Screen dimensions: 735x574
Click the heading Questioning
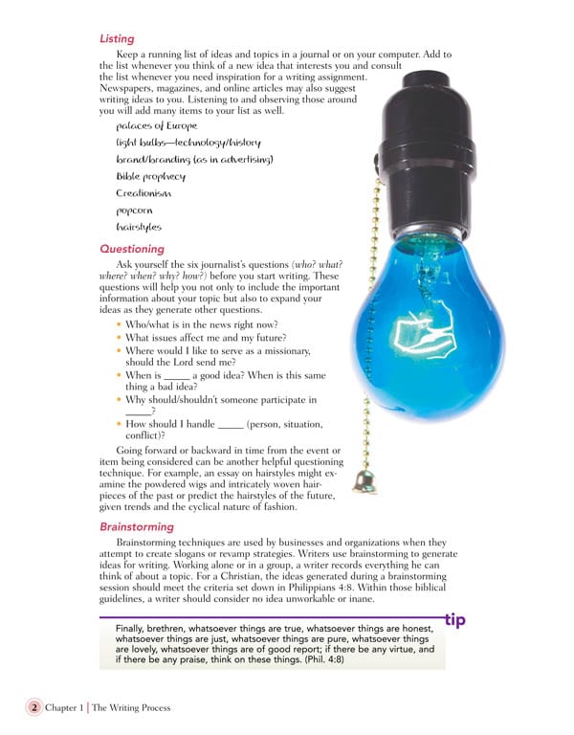[x=132, y=249]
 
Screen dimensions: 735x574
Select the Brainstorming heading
[x=137, y=526]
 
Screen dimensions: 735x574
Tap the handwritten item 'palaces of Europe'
[x=157, y=125]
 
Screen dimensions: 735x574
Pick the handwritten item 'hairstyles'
[x=139, y=227]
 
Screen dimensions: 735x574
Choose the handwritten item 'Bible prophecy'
[x=151, y=176]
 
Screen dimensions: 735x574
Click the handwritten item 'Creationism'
[x=143, y=193]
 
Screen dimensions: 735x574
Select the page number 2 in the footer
[x=33, y=707]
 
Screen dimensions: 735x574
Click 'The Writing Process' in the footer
[x=133, y=708]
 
